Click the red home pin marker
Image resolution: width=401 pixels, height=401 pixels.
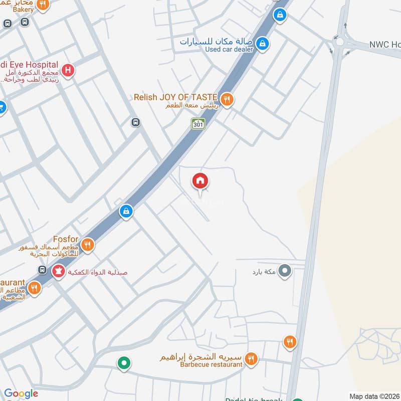[200, 181]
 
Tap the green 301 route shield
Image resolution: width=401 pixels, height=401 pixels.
[198, 123]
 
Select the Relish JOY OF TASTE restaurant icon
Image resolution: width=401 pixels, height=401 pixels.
[227, 99]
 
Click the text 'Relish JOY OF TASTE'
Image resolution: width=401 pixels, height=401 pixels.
[175, 97]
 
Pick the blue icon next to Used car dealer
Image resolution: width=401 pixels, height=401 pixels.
[261, 44]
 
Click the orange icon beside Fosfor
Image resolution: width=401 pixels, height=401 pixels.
[88, 244]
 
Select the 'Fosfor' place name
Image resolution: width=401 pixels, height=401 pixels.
[66, 240]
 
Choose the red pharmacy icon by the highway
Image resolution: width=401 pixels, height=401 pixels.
[58, 272]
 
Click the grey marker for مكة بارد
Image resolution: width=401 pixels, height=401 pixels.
[285, 271]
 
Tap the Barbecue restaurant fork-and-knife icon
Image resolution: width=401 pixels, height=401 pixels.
[252, 358]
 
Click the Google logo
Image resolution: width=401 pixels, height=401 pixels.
[21, 393]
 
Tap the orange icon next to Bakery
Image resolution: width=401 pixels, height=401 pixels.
[43, 5]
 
